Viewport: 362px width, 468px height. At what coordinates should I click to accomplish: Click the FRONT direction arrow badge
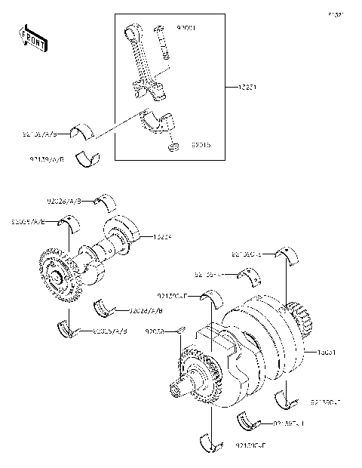(x=27, y=36)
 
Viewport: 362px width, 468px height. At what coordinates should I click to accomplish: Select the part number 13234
(x=164, y=236)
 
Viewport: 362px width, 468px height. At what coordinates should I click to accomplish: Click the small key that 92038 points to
(x=181, y=328)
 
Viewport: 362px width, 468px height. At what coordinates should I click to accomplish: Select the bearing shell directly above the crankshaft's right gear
(x=290, y=257)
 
